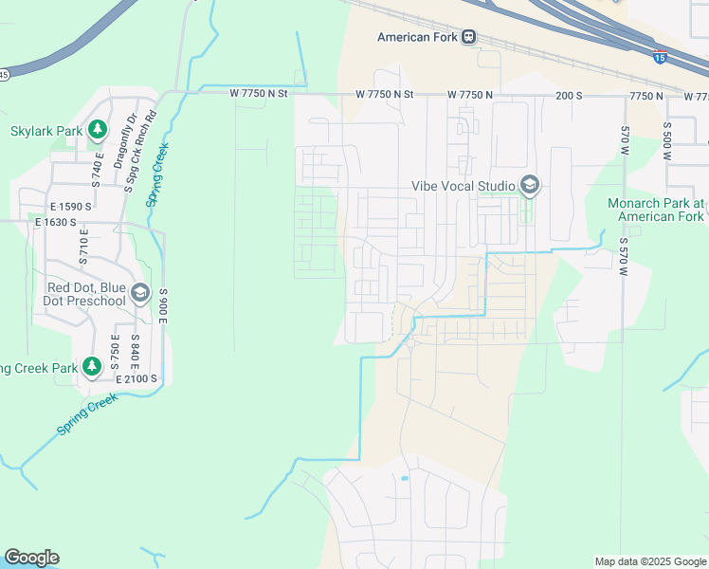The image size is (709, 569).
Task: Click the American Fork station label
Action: click(417, 37)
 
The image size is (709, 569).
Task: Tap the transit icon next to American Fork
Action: click(468, 37)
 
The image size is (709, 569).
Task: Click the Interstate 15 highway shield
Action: click(659, 57)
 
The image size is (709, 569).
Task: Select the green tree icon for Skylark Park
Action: click(96, 129)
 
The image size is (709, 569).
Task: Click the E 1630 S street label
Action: click(55, 223)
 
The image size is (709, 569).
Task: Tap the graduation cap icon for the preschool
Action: click(140, 293)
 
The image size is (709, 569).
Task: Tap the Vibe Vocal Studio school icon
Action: click(530, 185)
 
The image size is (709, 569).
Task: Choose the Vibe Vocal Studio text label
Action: click(463, 186)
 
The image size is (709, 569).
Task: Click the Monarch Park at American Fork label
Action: click(656, 210)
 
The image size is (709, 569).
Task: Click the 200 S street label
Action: click(569, 96)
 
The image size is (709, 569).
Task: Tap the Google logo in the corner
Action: click(31, 558)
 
